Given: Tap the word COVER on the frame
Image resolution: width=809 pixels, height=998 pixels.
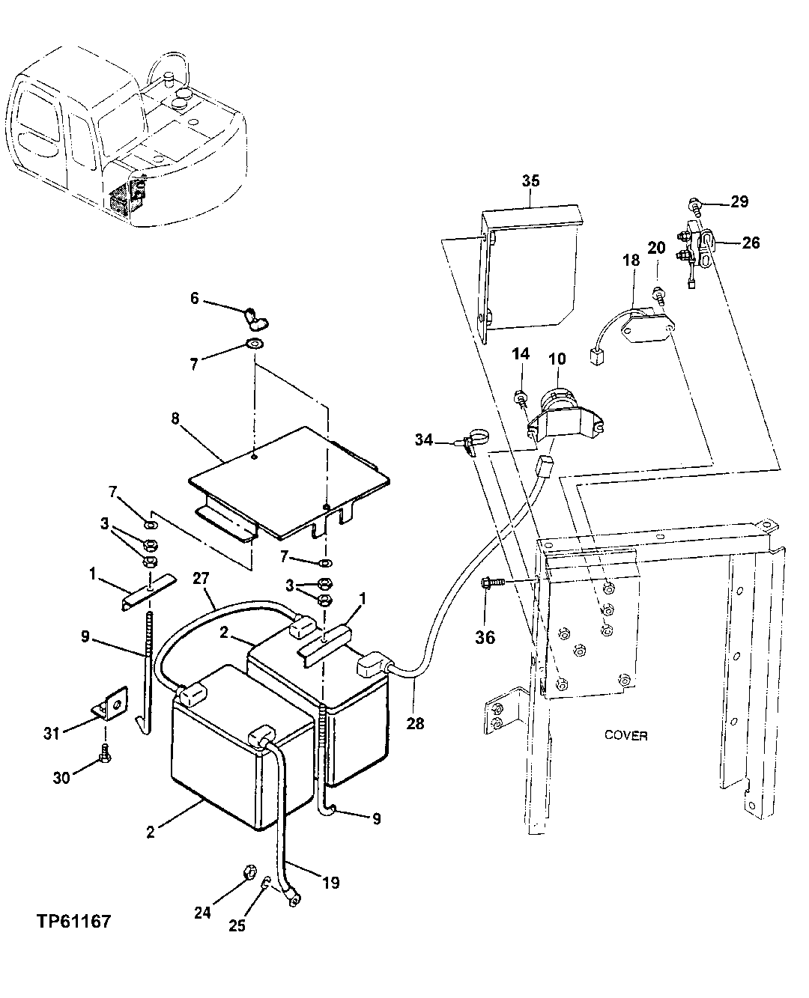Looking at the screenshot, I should click(x=625, y=735).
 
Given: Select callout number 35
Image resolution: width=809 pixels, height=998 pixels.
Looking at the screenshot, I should click(x=530, y=181).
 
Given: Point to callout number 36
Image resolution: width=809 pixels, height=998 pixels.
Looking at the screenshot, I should click(x=485, y=638).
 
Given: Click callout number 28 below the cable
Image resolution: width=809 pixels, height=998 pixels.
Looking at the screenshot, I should click(x=415, y=723).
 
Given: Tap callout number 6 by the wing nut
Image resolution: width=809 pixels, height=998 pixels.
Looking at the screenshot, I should click(x=195, y=298).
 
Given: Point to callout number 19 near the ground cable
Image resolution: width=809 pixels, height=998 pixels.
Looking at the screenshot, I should click(x=330, y=883).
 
